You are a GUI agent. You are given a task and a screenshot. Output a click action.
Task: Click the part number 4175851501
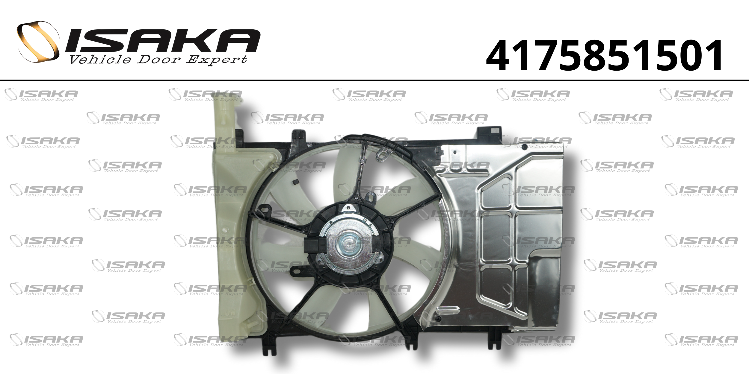604,57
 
